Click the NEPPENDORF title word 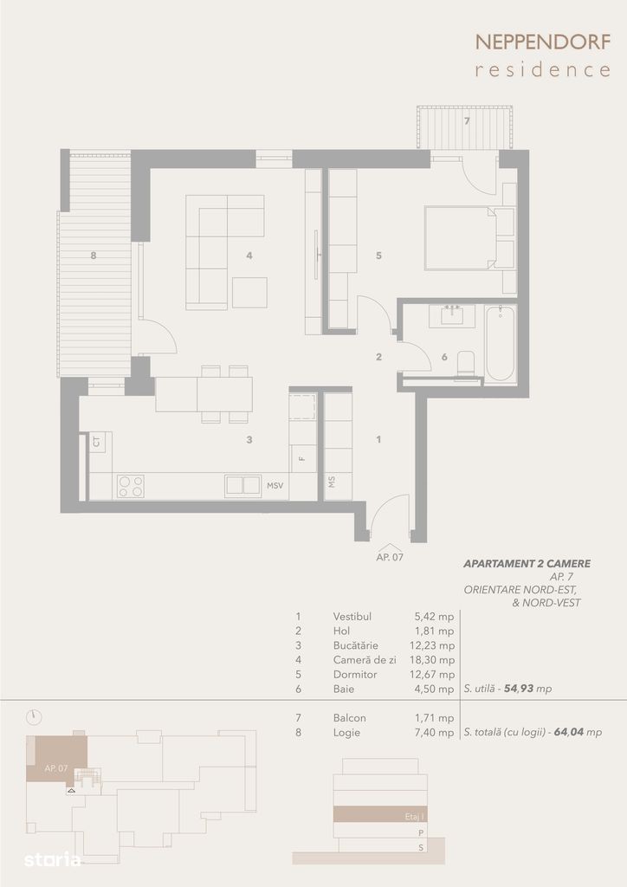pos(543,42)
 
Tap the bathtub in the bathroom pos(501,343)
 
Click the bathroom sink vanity pos(452,316)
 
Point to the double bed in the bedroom pos(460,237)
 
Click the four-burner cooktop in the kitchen pos(131,487)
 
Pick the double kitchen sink pos(243,486)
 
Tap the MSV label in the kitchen pos(275,486)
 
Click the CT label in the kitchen pos(97,442)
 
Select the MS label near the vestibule pos(332,482)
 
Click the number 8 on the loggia pos(94,256)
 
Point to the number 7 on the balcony pos(467,120)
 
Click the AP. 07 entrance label pos(390,557)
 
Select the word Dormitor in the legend pos(355,674)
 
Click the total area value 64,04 pos(568,732)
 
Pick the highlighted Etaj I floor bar pos(380,814)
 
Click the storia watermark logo pos(52,859)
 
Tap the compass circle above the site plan pos(34,716)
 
